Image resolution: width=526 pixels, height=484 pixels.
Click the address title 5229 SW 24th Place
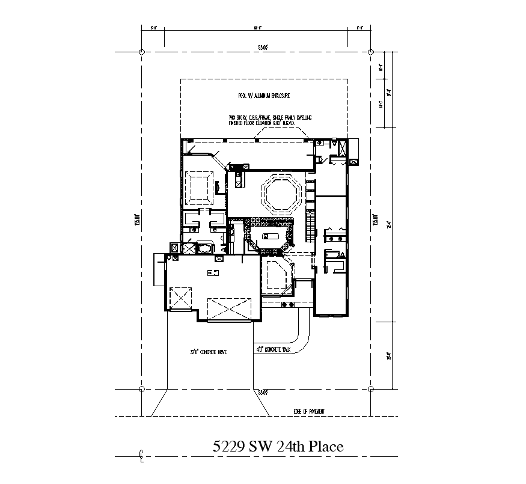[278, 447]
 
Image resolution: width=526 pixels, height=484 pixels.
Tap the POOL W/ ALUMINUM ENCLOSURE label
[264, 96]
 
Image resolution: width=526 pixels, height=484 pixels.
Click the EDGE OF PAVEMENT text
[310, 411]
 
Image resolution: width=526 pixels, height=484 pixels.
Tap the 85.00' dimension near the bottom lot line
[263, 393]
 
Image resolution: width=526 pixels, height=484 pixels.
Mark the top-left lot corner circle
[142, 52]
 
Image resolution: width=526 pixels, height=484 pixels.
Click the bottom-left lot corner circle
[142, 389]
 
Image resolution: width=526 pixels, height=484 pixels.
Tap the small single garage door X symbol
[179, 298]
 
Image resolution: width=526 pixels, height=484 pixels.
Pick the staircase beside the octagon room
[310, 227]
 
